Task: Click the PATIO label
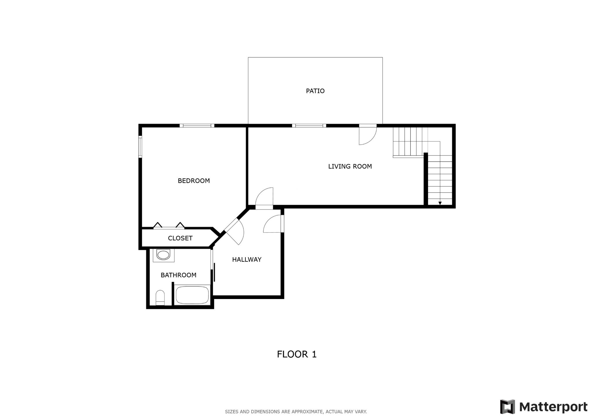click(315, 91)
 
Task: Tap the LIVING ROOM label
click(350, 166)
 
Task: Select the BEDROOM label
click(193, 180)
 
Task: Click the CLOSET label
click(180, 238)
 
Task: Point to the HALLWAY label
click(247, 259)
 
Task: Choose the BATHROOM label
click(178, 275)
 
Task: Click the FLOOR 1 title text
click(296, 354)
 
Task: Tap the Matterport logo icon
click(507, 407)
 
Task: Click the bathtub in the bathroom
click(192, 295)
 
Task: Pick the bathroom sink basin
click(163, 255)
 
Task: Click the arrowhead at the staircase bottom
click(440, 203)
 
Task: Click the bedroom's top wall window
click(197, 126)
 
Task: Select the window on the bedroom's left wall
click(140, 146)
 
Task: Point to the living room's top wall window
click(309, 126)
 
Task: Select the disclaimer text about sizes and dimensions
click(296, 412)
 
